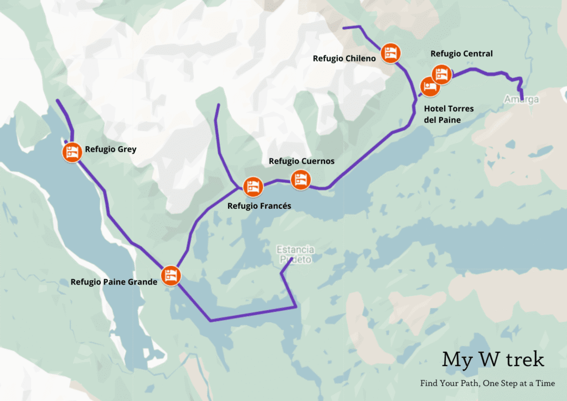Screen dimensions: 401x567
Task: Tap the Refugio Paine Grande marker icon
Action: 171,275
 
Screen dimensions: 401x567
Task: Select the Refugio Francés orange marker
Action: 252,187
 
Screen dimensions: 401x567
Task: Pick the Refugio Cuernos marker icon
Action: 301,179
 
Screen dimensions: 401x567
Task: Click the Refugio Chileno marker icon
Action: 391,52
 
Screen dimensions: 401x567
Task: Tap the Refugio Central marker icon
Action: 441,74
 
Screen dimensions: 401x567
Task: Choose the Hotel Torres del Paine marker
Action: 429,86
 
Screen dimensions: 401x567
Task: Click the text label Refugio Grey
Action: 110,149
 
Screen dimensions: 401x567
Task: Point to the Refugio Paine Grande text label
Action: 114,281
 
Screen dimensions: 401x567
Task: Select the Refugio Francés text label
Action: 259,206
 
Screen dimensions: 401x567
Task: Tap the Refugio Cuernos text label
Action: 301,161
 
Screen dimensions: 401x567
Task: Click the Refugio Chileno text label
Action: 344,58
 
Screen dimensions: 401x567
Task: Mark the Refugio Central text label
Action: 461,54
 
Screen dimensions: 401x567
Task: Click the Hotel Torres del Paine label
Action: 448,114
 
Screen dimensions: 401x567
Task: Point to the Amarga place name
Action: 521,100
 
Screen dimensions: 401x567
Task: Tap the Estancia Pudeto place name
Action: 296,255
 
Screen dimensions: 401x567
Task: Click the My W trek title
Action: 493,359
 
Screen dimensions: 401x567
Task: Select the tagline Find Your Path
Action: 487,383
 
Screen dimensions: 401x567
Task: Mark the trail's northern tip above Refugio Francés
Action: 218,105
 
